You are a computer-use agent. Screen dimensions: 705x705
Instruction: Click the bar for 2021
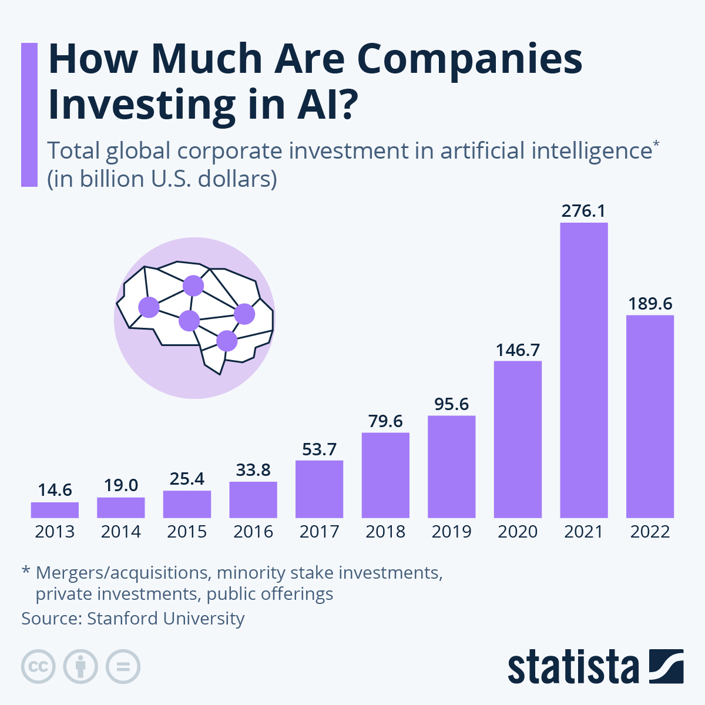(x=584, y=370)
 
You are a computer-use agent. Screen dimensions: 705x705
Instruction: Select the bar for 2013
(x=55, y=509)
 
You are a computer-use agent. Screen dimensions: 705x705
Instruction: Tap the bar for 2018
(x=385, y=475)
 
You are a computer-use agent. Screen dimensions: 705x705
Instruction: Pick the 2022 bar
(x=650, y=416)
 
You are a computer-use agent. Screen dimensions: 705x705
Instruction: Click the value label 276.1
(x=583, y=210)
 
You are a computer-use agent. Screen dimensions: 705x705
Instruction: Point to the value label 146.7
(x=518, y=350)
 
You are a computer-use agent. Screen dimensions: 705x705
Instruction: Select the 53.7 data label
(x=319, y=449)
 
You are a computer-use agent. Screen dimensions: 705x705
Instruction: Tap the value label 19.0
(x=121, y=485)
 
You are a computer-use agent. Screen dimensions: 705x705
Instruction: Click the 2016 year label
(x=253, y=532)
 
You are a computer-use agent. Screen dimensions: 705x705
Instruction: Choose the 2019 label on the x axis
(x=452, y=532)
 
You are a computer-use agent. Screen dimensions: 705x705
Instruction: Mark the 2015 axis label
(x=187, y=532)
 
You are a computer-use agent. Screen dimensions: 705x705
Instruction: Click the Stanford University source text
(x=166, y=619)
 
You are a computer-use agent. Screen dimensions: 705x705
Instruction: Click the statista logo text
(x=573, y=667)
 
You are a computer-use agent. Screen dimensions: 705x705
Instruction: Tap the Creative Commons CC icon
(x=38, y=667)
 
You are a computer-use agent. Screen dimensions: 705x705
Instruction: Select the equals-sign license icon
(x=123, y=667)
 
